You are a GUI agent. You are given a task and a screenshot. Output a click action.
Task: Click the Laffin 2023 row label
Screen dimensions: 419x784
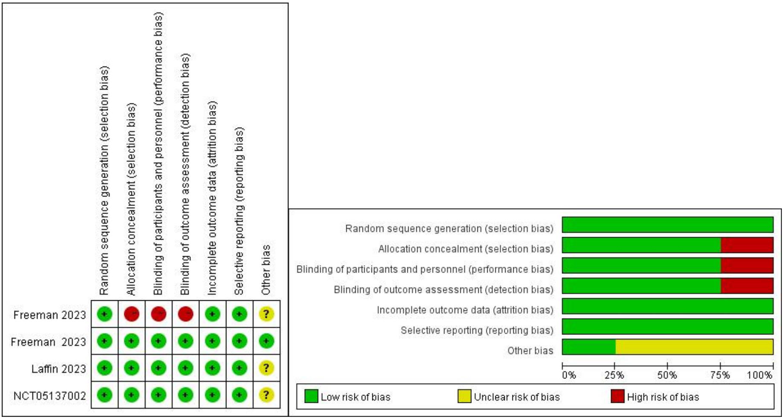point(59,369)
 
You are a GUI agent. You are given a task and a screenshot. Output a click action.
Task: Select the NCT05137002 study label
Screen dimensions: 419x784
point(50,396)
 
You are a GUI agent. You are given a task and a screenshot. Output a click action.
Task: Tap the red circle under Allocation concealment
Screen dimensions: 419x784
point(132,314)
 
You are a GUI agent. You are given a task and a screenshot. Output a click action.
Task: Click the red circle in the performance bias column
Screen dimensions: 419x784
point(158,314)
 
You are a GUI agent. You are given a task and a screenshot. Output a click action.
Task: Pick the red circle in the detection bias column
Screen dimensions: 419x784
point(185,314)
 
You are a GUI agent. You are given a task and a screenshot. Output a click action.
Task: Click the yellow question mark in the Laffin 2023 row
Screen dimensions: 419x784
point(266,368)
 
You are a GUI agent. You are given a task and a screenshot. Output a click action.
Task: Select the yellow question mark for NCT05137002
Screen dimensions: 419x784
point(266,395)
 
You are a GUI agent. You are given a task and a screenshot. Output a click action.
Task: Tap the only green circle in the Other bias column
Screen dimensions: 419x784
point(266,341)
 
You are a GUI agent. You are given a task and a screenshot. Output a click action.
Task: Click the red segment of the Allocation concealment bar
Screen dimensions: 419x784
point(746,245)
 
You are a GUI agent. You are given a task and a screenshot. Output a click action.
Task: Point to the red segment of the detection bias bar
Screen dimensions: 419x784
point(746,286)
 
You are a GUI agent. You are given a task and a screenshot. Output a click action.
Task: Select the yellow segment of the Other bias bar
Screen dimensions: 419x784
point(694,347)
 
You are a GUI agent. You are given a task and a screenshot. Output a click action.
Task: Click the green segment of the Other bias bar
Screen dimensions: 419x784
point(588,347)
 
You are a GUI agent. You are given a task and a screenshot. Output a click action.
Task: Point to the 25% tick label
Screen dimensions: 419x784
point(614,375)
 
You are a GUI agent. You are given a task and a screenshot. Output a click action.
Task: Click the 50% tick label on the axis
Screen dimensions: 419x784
point(667,375)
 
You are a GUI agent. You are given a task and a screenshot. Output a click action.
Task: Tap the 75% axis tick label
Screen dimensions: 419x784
point(720,375)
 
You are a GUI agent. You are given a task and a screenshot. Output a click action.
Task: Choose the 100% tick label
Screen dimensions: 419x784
point(760,375)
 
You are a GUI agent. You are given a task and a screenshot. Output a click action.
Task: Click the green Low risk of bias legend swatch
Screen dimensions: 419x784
point(311,396)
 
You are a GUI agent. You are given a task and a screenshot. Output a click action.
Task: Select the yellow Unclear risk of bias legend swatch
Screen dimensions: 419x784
point(464,396)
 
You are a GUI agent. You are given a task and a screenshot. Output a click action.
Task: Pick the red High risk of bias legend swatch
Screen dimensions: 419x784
point(617,396)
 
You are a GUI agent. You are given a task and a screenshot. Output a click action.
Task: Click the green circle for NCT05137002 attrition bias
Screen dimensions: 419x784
point(212,395)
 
